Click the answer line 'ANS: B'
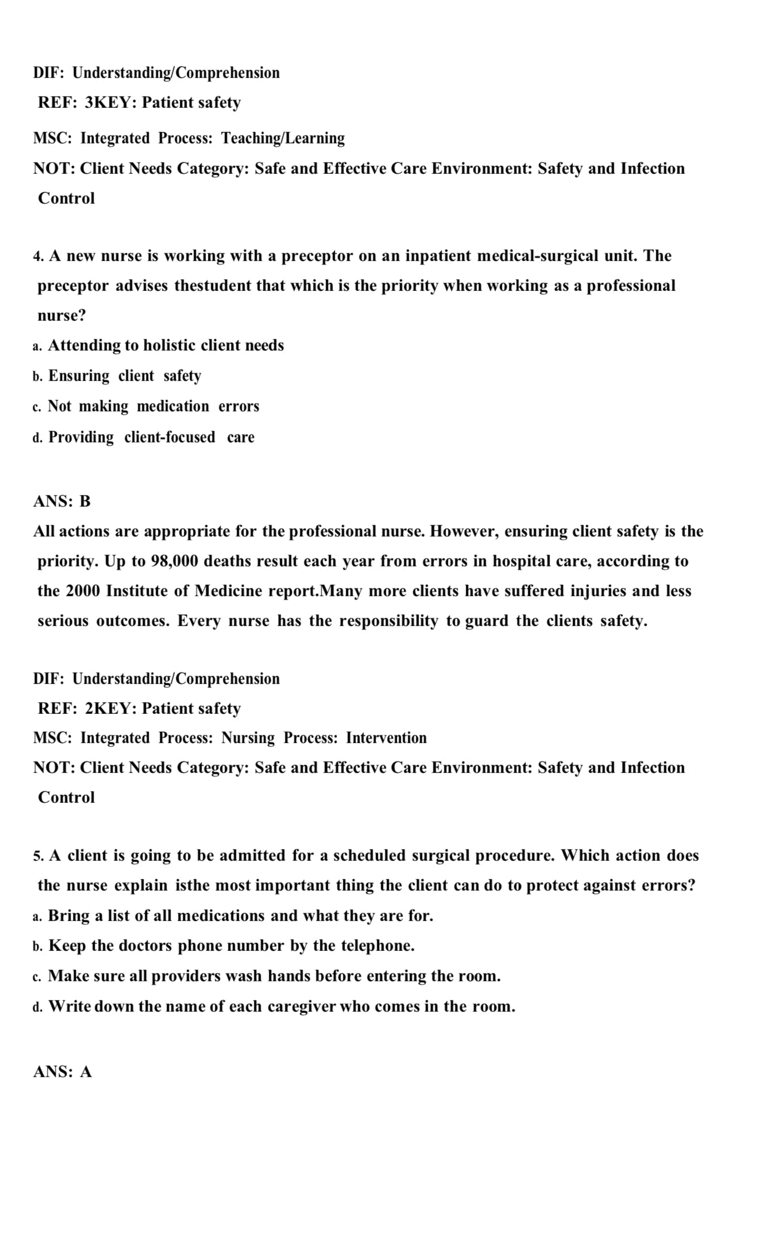point(62,501)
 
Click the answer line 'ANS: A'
point(63,1071)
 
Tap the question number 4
point(38,256)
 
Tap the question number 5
point(38,856)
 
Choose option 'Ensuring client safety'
point(125,376)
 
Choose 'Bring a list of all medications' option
point(240,915)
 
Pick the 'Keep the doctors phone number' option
point(231,946)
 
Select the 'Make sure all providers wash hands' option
point(274,976)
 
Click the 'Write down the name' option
point(281,1007)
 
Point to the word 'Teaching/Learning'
point(283,138)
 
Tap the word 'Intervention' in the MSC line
point(386,738)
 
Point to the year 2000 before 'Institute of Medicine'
point(83,591)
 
